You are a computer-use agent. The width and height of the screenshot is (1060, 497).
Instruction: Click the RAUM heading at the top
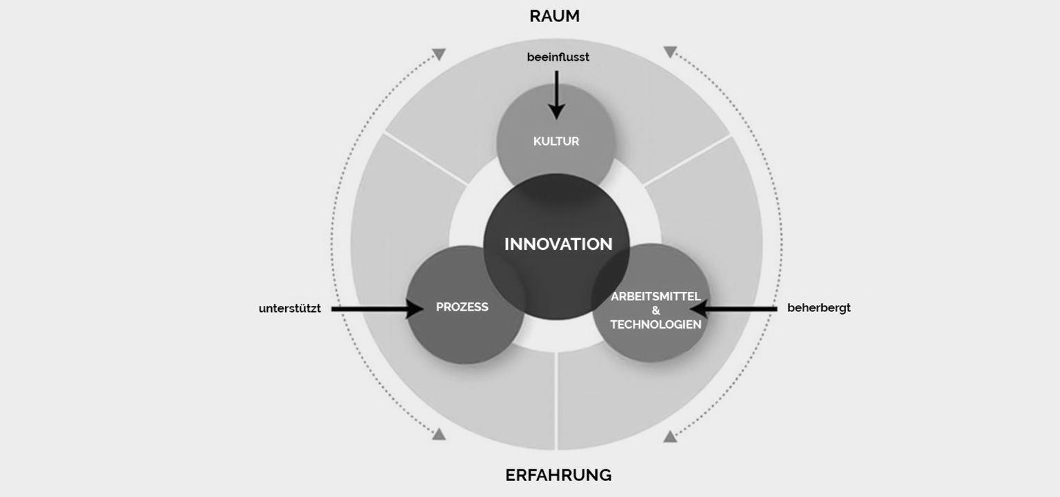[x=554, y=16]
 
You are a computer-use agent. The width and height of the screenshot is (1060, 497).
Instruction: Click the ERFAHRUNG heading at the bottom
[x=558, y=475]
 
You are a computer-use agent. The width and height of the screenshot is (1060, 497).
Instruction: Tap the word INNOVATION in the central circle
[x=558, y=244]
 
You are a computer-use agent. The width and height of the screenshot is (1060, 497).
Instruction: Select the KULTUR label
[x=556, y=141]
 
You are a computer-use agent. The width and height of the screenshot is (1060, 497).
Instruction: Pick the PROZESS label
[x=462, y=307]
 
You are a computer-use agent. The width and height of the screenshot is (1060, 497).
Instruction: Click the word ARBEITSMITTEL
[x=656, y=296]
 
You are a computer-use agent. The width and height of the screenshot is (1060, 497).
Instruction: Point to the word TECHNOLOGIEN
[x=656, y=324]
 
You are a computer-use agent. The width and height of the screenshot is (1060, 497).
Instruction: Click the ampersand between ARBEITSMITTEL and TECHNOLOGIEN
[x=656, y=311]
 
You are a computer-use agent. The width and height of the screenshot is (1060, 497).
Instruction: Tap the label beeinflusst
[x=558, y=57]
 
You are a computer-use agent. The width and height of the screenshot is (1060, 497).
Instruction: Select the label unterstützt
[x=290, y=309]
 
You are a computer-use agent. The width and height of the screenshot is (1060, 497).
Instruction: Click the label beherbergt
[x=818, y=308]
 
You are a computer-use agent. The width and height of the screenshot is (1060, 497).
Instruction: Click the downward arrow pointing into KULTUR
[x=556, y=95]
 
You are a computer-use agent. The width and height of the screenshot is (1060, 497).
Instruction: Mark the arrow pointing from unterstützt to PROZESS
[x=377, y=309]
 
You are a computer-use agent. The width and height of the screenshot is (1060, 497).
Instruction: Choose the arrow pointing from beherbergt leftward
[x=734, y=309]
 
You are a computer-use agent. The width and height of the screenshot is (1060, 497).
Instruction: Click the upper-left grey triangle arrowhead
[x=439, y=54]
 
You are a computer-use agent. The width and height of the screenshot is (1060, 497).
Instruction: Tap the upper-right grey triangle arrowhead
[x=670, y=52]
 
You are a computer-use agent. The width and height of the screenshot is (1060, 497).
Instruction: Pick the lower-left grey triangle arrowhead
[x=439, y=434]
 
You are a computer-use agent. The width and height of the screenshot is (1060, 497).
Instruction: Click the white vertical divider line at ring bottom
[x=556, y=400]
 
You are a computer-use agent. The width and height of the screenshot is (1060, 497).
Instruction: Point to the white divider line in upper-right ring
[x=687, y=160]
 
